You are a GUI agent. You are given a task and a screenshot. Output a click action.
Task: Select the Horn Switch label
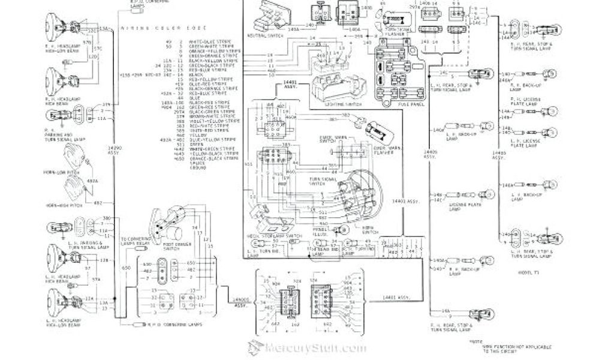tap(363, 226)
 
